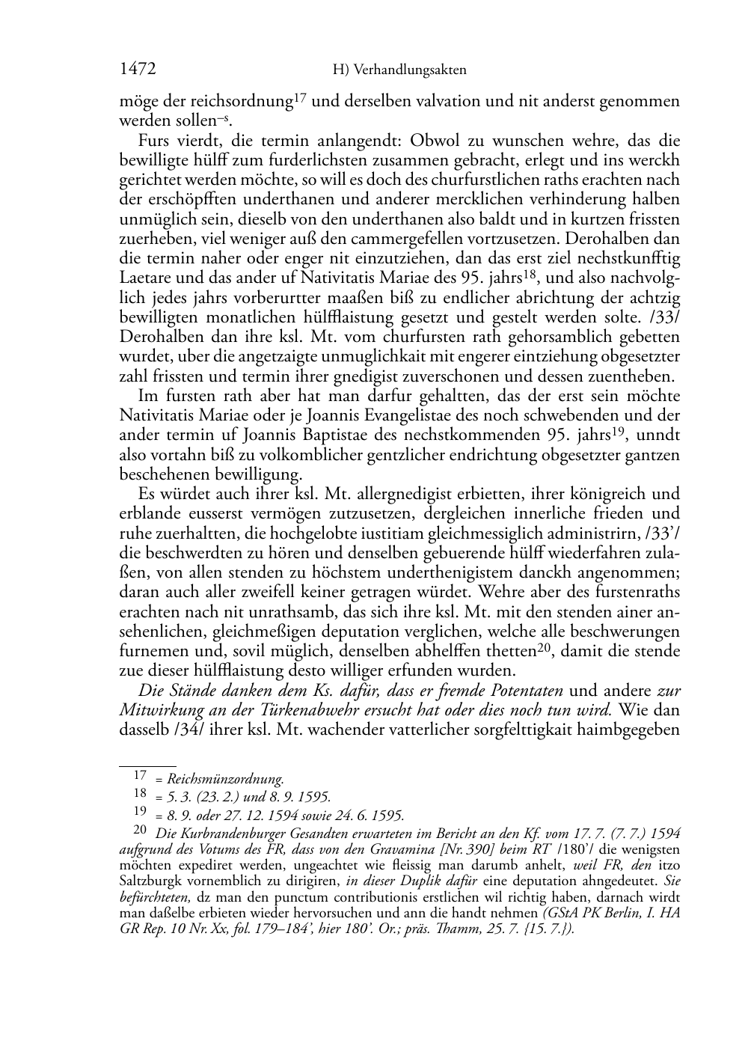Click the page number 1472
[138, 70]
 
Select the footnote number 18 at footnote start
[140, 795]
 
